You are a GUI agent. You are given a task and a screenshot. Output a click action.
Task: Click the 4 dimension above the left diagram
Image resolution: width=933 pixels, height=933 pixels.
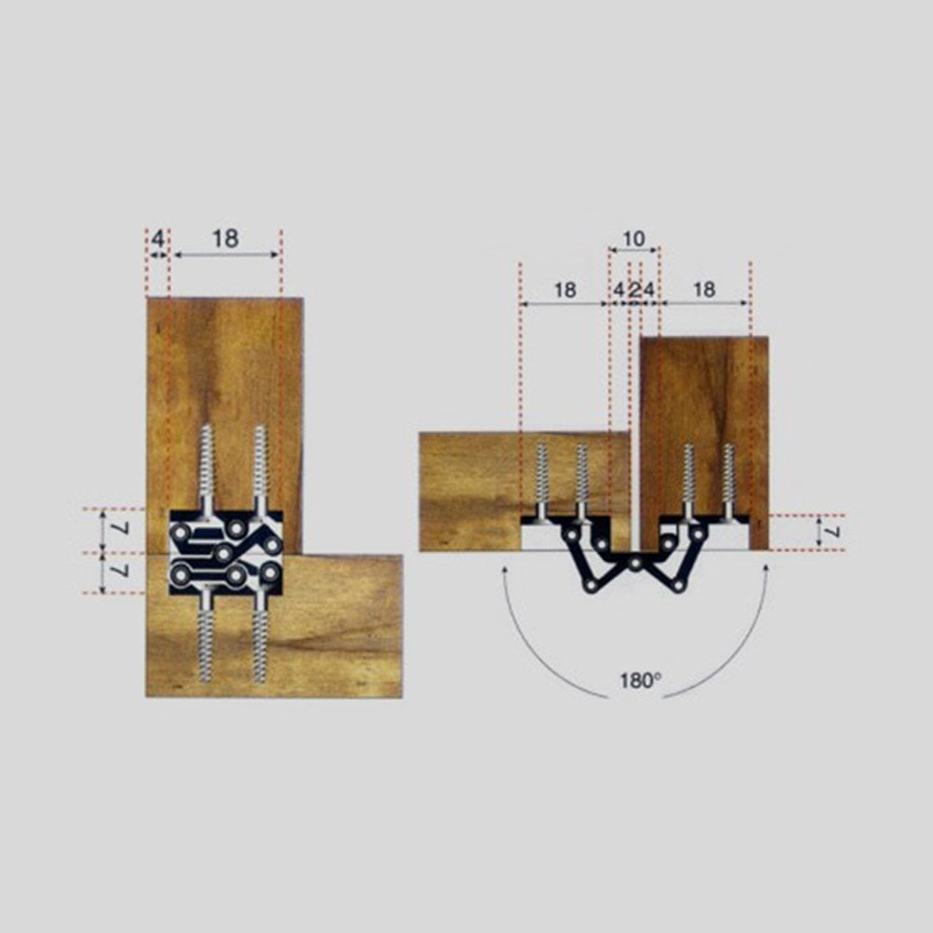[x=158, y=239]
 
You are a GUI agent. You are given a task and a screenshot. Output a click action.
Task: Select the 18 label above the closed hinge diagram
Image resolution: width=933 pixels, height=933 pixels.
[x=226, y=239]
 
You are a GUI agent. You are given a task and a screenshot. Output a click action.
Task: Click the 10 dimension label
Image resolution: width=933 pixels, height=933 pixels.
[x=634, y=239]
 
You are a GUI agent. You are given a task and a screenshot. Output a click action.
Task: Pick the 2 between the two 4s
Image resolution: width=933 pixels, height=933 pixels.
[x=634, y=290]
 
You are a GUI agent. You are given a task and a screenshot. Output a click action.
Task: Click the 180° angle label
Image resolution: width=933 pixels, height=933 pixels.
[x=640, y=680]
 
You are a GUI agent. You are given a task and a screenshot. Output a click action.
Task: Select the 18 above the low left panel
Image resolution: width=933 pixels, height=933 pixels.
[x=564, y=290]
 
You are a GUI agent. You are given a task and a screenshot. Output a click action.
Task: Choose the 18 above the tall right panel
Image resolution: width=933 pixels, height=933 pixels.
[x=703, y=290]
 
